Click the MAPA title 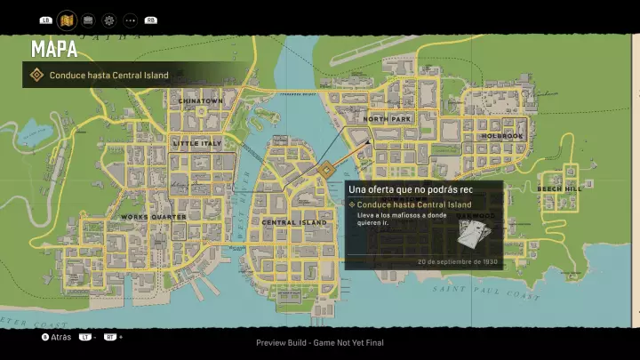[x=54, y=48]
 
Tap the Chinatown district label [x=200, y=101]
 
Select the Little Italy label [x=197, y=142]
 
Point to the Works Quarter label [x=153, y=217]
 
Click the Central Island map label [x=294, y=222]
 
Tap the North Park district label [x=388, y=118]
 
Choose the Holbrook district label [x=502, y=136]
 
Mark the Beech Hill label [x=559, y=188]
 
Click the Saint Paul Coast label [x=486, y=291]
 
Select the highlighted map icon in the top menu [x=66, y=20]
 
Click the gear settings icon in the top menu [x=108, y=20]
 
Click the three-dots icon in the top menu [x=130, y=20]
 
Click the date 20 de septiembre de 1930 [x=458, y=262]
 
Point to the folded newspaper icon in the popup [x=476, y=234]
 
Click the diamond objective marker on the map [x=326, y=171]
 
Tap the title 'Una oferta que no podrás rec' [x=410, y=189]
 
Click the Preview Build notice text [x=320, y=342]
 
